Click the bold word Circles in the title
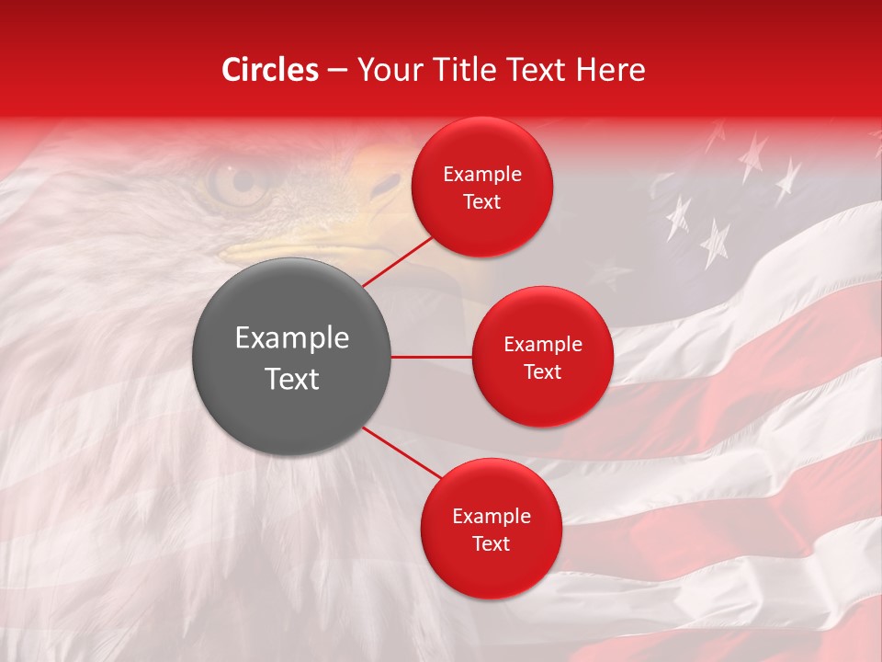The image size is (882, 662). pyautogui.click(x=269, y=70)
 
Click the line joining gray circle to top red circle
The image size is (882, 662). pyautogui.click(x=396, y=261)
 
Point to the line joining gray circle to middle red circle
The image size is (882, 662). pyautogui.click(x=432, y=357)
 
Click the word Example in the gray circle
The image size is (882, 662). pyautogui.click(x=292, y=338)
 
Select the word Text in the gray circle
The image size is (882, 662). pyautogui.click(x=292, y=379)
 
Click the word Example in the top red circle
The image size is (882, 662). pyautogui.click(x=482, y=175)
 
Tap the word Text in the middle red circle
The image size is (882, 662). pyautogui.click(x=542, y=371)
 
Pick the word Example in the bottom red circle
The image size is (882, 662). pyautogui.click(x=492, y=517)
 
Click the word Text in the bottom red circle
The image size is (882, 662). pyautogui.click(x=492, y=543)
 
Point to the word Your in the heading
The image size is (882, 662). pyautogui.click(x=386, y=70)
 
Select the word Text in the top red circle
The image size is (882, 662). pyautogui.click(x=482, y=201)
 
